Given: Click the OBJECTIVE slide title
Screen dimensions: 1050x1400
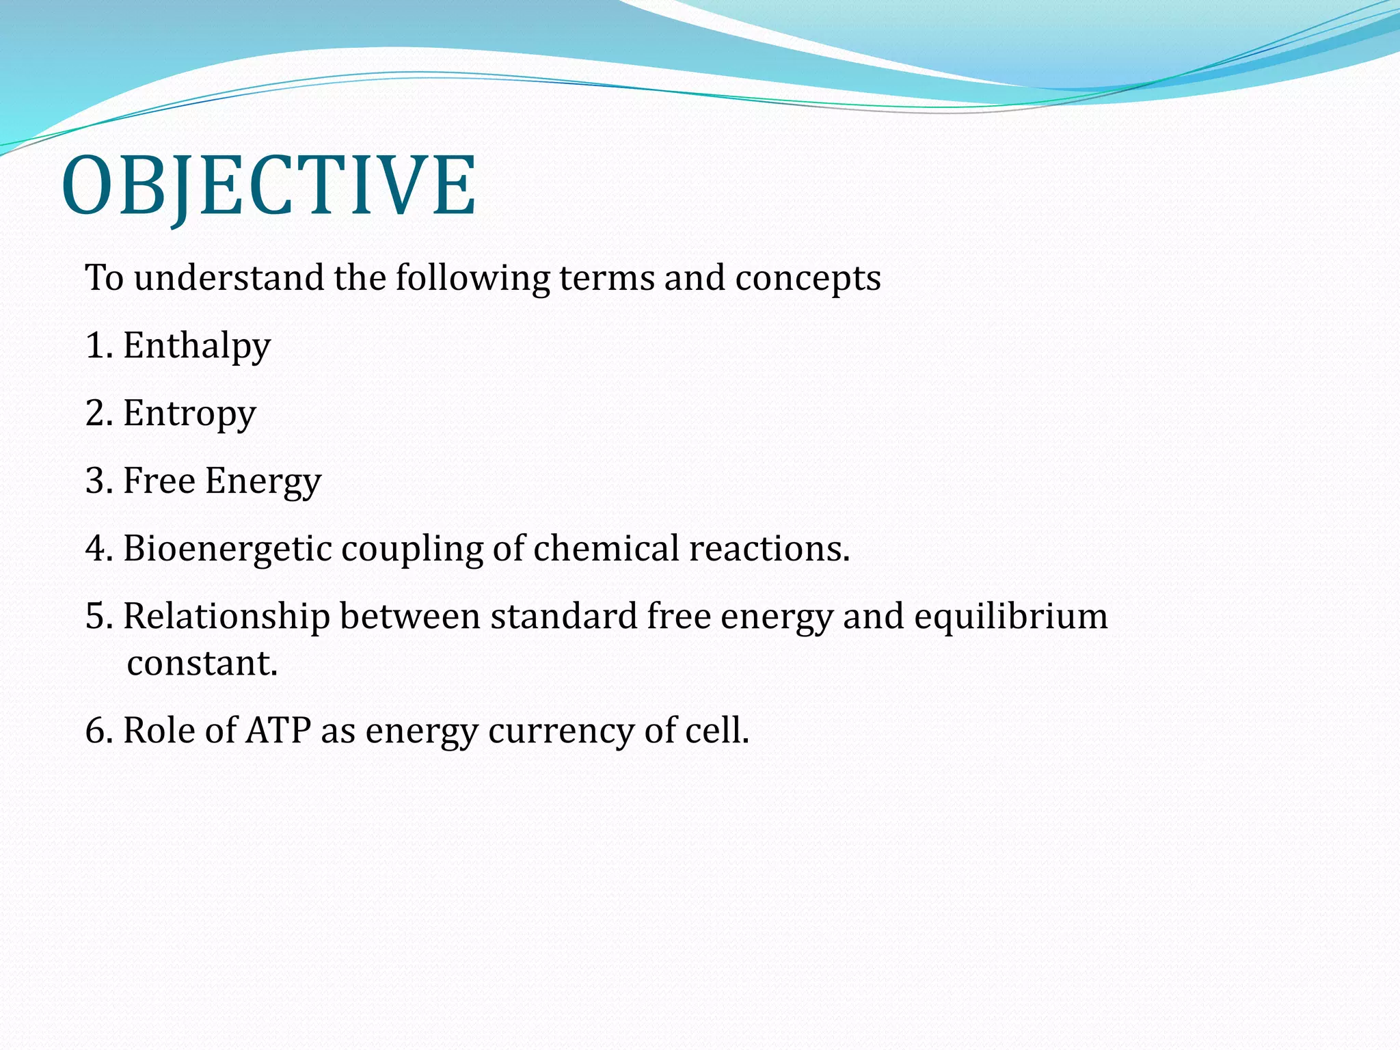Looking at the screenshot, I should [x=269, y=185].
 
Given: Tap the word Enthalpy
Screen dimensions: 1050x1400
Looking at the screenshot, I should [x=197, y=346].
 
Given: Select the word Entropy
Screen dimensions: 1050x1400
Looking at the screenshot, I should [x=189, y=414].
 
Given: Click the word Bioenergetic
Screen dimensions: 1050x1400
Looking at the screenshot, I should [x=227, y=549].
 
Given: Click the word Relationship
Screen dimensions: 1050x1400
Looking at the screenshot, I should [x=226, y=617].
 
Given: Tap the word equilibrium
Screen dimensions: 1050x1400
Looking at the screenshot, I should [x=1010, y=617].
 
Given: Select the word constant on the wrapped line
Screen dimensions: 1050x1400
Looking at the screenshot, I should [x=202, y=663].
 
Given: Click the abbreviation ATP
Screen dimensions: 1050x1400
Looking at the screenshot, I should [x=278, y=730].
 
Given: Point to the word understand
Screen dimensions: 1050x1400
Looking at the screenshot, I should [x=228, y=278].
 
